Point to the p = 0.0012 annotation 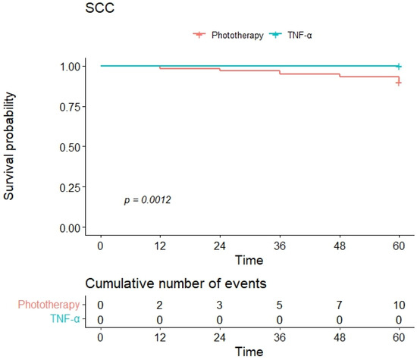pos(147,200)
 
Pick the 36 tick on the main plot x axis pos(280,246)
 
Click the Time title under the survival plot pos(249,261)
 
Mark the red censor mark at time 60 pos(399,83)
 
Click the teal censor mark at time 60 pos(399,67)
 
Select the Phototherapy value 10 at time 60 pos(399,304)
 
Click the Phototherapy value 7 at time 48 pos(340,304)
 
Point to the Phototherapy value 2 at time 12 pos(160,304)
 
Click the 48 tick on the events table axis pos(340,338)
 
